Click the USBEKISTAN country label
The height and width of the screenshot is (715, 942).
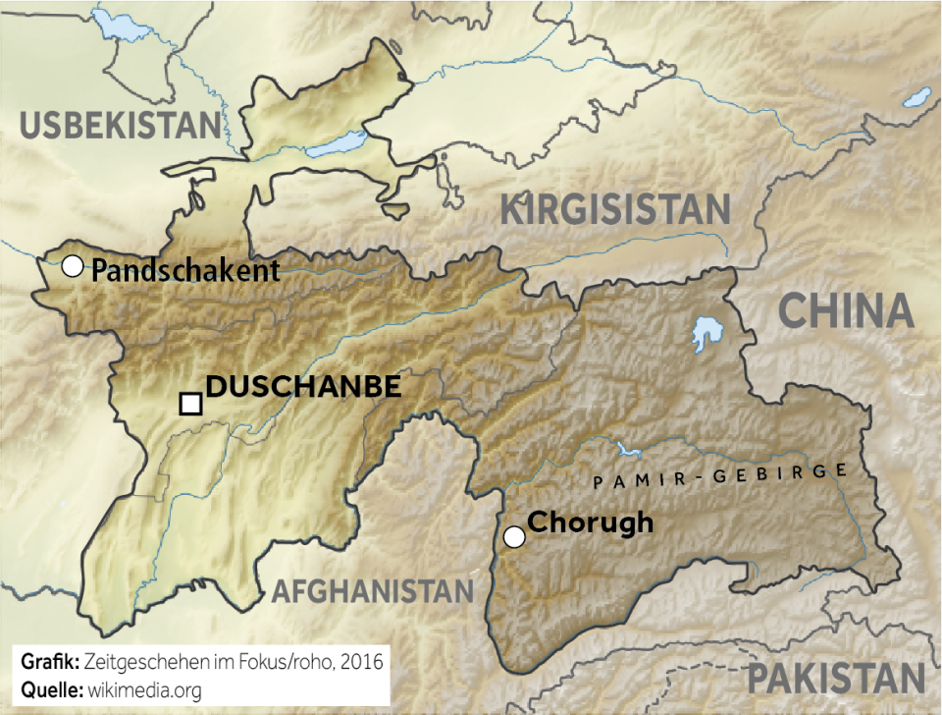121,126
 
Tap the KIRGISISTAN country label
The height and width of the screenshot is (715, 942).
615,210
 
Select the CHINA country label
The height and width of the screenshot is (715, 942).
846,311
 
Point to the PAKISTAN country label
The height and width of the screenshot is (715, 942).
836,679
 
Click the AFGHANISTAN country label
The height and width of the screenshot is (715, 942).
372,590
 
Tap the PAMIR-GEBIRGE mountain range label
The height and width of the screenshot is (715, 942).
720,476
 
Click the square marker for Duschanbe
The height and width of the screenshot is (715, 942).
190,404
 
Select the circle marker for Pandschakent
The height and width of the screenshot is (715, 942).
72,266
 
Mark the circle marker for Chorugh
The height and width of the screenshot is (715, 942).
513,536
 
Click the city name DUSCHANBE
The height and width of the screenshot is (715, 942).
303,387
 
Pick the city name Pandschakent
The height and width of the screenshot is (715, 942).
185,271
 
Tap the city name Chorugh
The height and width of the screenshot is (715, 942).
590,522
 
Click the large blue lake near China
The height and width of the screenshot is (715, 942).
704,334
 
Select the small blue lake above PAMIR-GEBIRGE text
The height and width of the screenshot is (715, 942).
630,452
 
